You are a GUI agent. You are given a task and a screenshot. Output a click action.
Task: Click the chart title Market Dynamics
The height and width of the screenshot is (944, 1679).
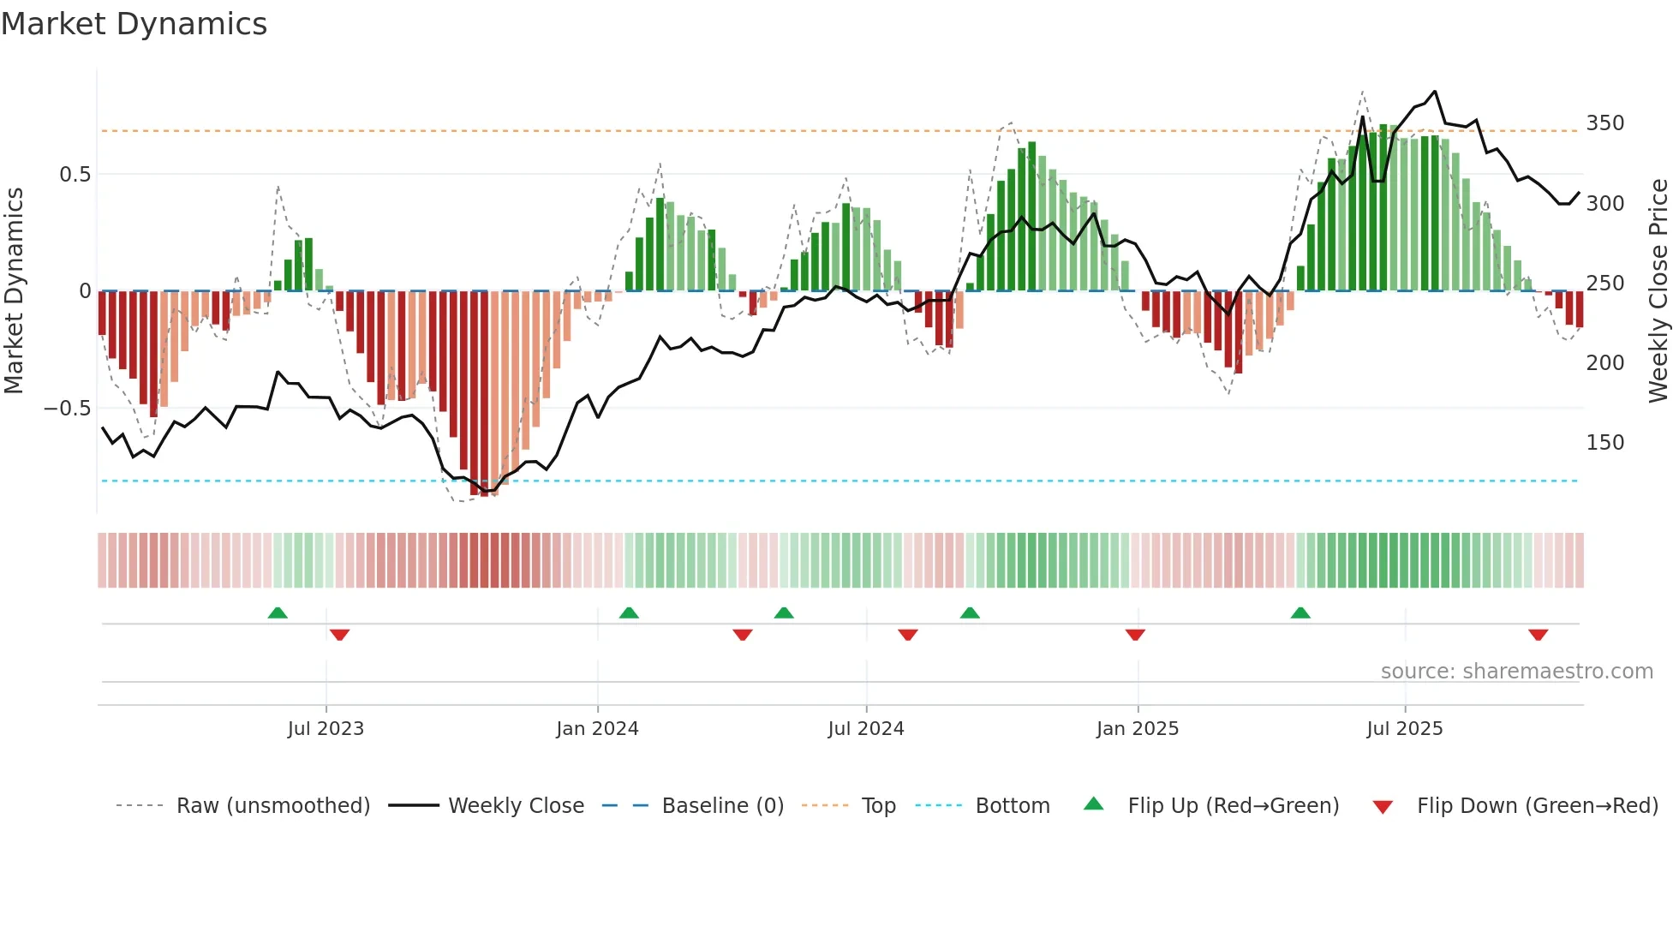(134, 24)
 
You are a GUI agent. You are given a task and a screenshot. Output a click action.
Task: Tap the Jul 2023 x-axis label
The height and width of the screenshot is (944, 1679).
(326, 729)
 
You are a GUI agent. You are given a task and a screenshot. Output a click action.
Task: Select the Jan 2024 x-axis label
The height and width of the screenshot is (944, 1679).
(597, 729)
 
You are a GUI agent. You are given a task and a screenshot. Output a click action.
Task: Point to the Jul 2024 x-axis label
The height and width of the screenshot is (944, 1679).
(866, 729)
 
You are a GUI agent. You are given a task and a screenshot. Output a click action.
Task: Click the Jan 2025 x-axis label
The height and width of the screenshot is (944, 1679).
(1138, 729)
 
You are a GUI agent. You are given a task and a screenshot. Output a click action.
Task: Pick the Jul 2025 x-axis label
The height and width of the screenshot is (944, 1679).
(1405, 729)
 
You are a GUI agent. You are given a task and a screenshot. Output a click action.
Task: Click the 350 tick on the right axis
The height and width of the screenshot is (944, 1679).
(1604, 123)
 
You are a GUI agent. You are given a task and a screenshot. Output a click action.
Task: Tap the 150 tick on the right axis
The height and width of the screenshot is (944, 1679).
(1604, 443)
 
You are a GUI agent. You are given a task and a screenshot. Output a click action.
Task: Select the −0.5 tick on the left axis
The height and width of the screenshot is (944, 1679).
(67, 409)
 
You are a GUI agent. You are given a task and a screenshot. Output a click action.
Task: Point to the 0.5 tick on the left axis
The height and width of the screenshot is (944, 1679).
(75, 175)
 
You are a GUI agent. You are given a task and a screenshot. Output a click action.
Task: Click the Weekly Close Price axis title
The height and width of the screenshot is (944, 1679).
(1658, 291)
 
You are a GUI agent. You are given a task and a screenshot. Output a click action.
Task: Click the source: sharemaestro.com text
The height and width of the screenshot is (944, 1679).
(1516, 672)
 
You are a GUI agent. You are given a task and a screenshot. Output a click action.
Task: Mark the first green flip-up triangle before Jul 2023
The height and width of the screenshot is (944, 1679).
(278, 613)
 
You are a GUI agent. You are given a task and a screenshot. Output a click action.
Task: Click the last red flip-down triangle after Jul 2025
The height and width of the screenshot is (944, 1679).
(1538, 635)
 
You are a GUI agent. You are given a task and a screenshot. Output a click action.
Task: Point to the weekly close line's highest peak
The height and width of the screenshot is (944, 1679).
(1435, 92)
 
